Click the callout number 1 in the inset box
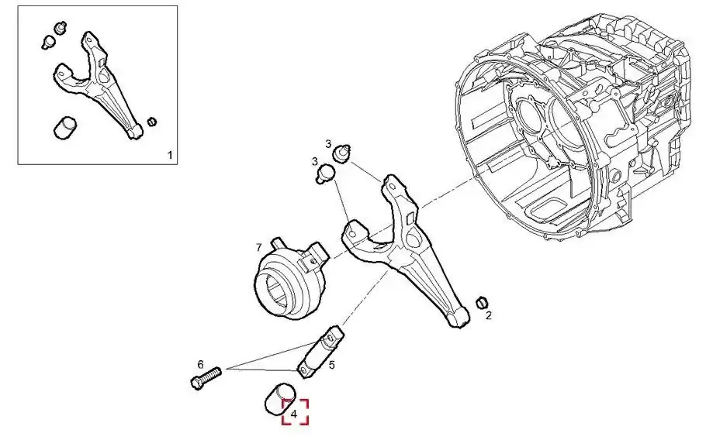(170, 156)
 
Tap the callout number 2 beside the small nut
(489, 315)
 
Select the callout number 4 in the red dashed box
(294, 414)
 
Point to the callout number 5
(332, 365)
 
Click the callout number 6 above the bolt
(201, 364)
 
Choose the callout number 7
(258, 247)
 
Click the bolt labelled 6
(206, 377)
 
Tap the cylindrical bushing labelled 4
(279, 397)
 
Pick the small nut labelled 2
(483, 303)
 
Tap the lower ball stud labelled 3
(326, 173)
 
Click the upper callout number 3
(329, 144)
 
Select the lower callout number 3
(315, 161)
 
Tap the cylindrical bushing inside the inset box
(65, 128)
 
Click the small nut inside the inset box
(152, 122)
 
